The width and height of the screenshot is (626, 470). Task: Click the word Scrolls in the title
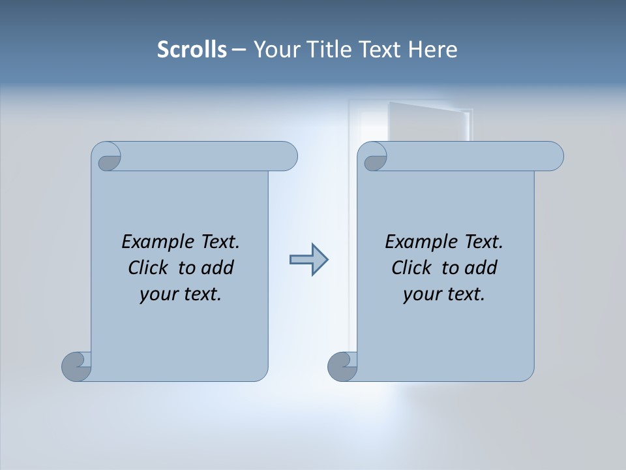[x=192, y=50]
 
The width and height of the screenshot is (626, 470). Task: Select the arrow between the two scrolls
[x=308, y=260]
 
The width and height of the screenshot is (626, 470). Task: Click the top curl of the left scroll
[x=106, y=157]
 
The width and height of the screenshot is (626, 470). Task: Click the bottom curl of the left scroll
[x=77, y=366]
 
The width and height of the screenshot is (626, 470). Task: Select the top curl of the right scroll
[x=372, y=157]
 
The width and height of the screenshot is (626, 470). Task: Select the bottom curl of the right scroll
[x=343, y=366]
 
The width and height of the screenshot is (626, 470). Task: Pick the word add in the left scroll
[x=217, y=268]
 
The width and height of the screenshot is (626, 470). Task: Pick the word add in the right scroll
[x=481, y=268]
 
